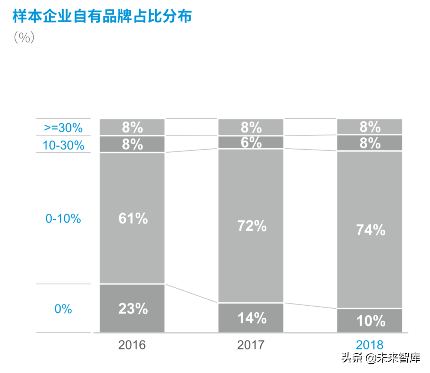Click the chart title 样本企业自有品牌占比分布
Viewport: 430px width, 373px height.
(x=102, y=17)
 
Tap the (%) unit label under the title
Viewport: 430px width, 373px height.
(x=24, y=38)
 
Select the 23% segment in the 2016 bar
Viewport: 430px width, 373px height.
(x=132, y=308)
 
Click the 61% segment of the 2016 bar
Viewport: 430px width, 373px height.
(x=132, y=219)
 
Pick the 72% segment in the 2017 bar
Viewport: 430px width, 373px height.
(x=251, y=226)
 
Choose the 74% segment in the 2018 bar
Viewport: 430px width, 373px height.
(x=370, y=230)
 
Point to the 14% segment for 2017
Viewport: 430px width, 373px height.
(x=251, y=318)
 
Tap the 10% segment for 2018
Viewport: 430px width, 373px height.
(x=370, y=321)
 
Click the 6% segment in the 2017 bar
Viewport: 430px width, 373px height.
(x=251, y=142)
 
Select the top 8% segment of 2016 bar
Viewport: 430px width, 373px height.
(x=132, y=127)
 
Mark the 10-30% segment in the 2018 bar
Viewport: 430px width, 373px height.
(x=370, y=143)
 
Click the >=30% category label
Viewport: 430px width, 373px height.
(x=63, y=128)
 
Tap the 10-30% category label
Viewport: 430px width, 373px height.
(x=63, y=145)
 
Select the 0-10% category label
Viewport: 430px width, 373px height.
(x=63, y=219)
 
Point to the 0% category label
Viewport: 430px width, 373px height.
(x=63, y=309)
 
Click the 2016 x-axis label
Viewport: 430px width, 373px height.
(x=132, y=345)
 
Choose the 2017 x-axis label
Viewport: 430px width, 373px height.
(x=251, y=345)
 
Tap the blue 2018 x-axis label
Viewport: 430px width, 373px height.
(x=370, y=345)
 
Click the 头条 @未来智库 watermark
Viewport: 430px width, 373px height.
(x=381, y=358)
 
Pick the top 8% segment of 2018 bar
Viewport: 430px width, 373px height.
(x=370, y=127)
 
